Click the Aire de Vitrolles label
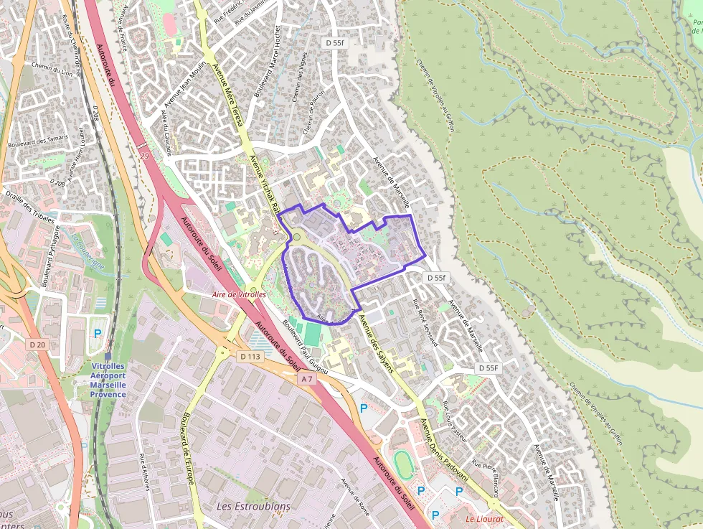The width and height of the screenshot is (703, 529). click(239, 294)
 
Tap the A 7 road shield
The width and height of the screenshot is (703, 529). click(307, 378)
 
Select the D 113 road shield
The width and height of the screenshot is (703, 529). click(250, 356)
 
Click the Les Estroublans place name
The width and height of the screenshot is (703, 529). click(253, 506)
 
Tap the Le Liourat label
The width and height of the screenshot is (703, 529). click(484, 518)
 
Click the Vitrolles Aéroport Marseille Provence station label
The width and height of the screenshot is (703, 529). click(108, 379)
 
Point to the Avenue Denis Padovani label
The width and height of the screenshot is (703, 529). click(445, 451)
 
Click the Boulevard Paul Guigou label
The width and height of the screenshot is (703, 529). click(305, 347)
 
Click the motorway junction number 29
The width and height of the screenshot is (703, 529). click(144, 156)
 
